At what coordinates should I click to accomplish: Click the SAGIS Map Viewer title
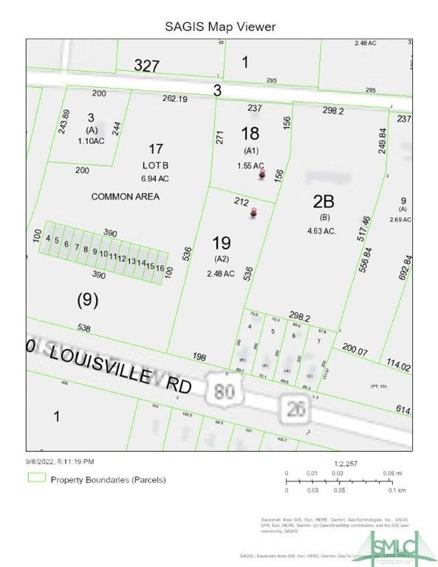click(x=220, y=27)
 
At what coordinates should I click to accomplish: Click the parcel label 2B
click(x=324, y=202)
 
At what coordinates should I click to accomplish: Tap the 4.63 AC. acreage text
click(x=323, y=230)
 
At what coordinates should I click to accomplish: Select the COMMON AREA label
click(x=125, y=196)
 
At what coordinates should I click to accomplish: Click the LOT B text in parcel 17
click(x=156, y=166)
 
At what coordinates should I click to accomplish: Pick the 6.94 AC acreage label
click(x=155, y=178)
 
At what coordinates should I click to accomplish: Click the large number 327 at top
click(x=148, y=66)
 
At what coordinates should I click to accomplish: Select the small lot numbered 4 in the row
click(x=48, y=238)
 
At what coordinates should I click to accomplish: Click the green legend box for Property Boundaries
click(x=36, y=478)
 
